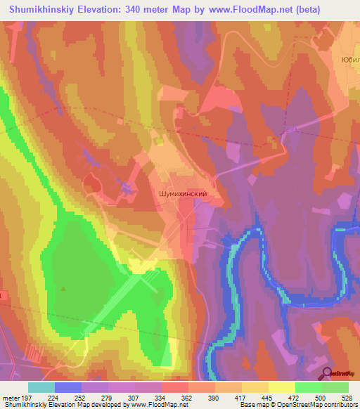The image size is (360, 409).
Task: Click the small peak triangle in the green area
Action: click(64, 289)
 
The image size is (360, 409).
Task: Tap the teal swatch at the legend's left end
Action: click(41, 387)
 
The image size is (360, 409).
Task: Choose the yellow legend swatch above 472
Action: click(282, 387)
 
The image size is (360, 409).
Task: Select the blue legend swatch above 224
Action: click(68, 387)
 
